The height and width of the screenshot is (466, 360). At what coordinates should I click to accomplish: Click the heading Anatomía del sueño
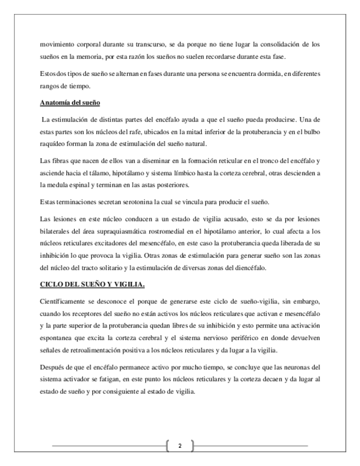pyautogui.click(x=70, y=103)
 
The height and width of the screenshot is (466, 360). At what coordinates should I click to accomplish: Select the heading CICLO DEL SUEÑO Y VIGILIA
pyautogui.click(x=93, y=285)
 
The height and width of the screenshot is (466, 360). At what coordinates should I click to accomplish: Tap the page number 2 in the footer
pyautogui.click(x=179, y=446)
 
